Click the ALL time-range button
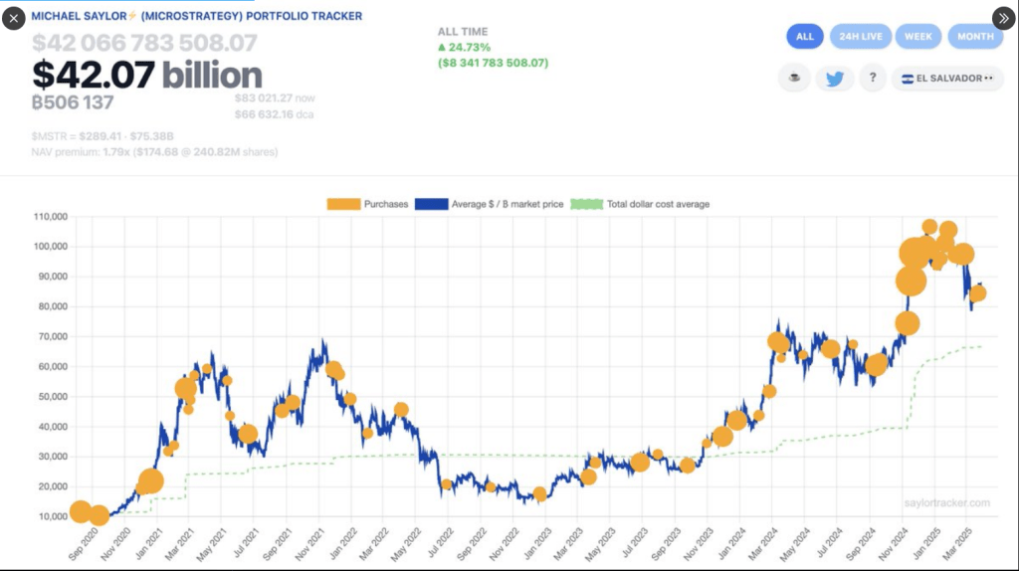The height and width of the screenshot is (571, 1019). coord(805,37)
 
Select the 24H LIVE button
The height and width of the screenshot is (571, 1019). coord(861,37)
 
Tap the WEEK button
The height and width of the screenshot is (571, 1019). coord(917,37)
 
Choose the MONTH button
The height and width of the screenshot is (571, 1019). coord(975,37)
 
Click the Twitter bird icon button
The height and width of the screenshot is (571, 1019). coord(834,79)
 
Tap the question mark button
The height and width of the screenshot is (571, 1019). coord(872,79)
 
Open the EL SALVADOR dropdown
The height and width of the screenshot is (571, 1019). coord(946,79)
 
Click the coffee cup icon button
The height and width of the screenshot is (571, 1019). coord(794,79)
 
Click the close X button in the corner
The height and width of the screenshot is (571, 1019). coord(13,18)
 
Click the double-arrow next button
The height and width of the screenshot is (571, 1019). coord(1004,18)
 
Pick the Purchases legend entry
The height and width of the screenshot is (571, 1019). coord(368,204)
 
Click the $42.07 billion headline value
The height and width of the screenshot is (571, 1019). coord(147,75)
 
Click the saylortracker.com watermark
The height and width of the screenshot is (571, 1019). coord(948,503)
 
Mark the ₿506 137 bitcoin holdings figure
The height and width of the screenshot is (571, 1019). coord(73,101)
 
